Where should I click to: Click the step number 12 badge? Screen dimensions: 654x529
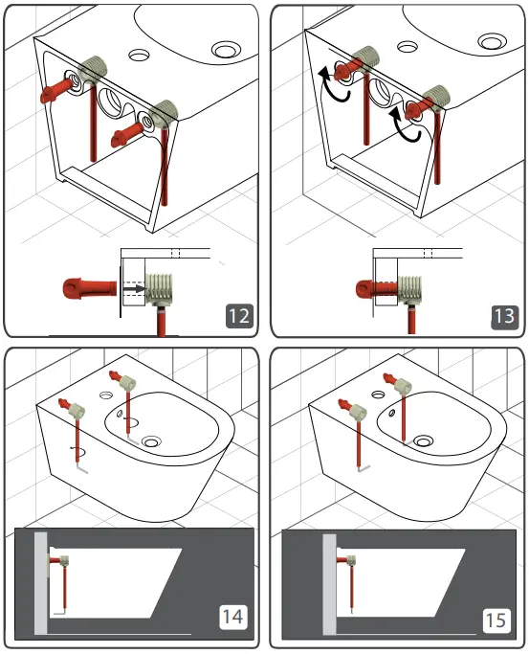[238, 315]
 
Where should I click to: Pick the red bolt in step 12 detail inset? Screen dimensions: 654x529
[86, 285]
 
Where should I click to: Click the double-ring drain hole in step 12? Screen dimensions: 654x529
[227, 47]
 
